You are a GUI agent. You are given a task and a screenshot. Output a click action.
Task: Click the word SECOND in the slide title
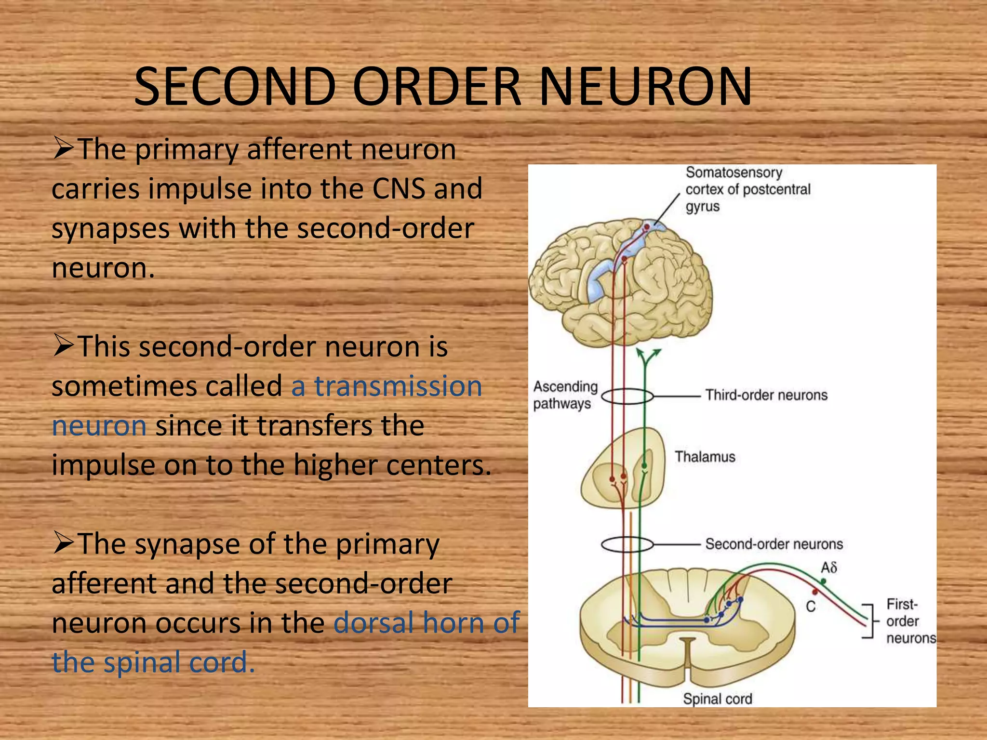click(235, 86)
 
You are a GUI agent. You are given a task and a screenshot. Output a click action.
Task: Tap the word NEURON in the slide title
click(646, 86)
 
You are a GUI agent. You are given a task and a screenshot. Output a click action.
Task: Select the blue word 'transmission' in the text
click(398, 386)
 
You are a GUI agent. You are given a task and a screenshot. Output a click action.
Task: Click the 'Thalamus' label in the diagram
click(705, 457)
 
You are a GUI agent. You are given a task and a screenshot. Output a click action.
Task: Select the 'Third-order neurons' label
click(766, 395)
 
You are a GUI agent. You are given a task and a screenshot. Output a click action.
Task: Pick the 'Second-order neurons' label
click(774, 544)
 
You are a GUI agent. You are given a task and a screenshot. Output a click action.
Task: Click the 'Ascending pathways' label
click(565, 395)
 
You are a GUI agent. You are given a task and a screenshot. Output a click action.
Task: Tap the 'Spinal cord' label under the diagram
click(718, 699)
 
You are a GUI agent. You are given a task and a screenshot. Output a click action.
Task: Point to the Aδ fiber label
click(829, 568)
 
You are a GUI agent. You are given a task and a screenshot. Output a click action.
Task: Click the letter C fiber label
click(811, 606)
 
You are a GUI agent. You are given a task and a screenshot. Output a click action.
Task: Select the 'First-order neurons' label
click(911, 621)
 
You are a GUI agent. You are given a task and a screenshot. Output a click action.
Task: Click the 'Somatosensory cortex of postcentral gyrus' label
click(748, 189)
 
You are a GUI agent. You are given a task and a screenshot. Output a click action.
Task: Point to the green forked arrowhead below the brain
click(648, 357)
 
